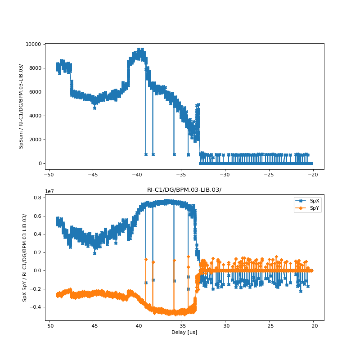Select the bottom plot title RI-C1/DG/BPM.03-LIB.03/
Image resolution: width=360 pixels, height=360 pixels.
tap(184, 190)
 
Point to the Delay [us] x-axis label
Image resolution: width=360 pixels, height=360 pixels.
tap(184, 332)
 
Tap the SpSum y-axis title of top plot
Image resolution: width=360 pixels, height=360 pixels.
tap(21, 106)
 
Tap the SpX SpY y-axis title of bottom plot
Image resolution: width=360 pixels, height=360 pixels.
tap(25, 257)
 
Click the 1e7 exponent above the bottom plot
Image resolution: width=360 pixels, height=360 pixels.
tap(49, 191)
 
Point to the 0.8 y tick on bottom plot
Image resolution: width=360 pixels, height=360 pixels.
tap(37, 198)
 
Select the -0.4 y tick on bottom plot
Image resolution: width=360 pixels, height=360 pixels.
tap(36, 307)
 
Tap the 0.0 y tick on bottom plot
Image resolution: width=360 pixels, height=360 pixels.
tap(37, 270)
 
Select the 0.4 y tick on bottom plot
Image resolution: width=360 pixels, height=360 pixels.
tap(37, 234)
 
